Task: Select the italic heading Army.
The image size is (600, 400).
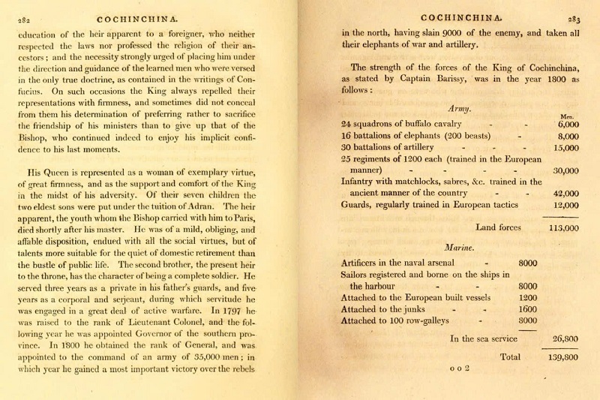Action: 458,109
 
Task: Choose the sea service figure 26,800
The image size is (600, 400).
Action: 563,338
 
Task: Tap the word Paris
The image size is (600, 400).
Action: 258,219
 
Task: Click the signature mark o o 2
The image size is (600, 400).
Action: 459,368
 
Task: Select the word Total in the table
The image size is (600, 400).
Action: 510,357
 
